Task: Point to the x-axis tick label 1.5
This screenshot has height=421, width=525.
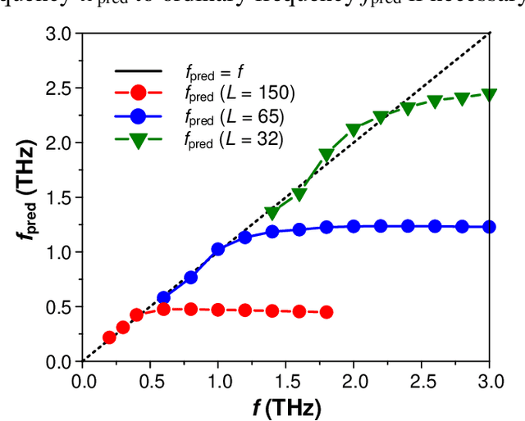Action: tap(285, 380)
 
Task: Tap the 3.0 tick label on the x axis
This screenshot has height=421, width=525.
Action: tap(489, 380)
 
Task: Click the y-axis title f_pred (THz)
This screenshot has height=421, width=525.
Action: tap(25, 198)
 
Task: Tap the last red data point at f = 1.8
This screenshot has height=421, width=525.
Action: tap(326, 312)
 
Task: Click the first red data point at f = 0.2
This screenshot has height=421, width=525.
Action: tap(109, 337)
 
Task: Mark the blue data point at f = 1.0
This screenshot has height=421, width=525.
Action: tap(218, 249)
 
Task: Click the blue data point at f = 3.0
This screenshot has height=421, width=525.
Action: tap(489, 227)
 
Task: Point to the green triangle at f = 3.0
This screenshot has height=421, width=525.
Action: tap(489, 95)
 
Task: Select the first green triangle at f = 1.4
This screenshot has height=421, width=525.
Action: tap(272, 214)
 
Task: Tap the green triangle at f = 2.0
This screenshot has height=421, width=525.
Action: tap(354, 130)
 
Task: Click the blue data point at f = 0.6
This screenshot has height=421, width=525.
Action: tap(163, 297)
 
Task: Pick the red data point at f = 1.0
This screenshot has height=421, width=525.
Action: tap(218, 310)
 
